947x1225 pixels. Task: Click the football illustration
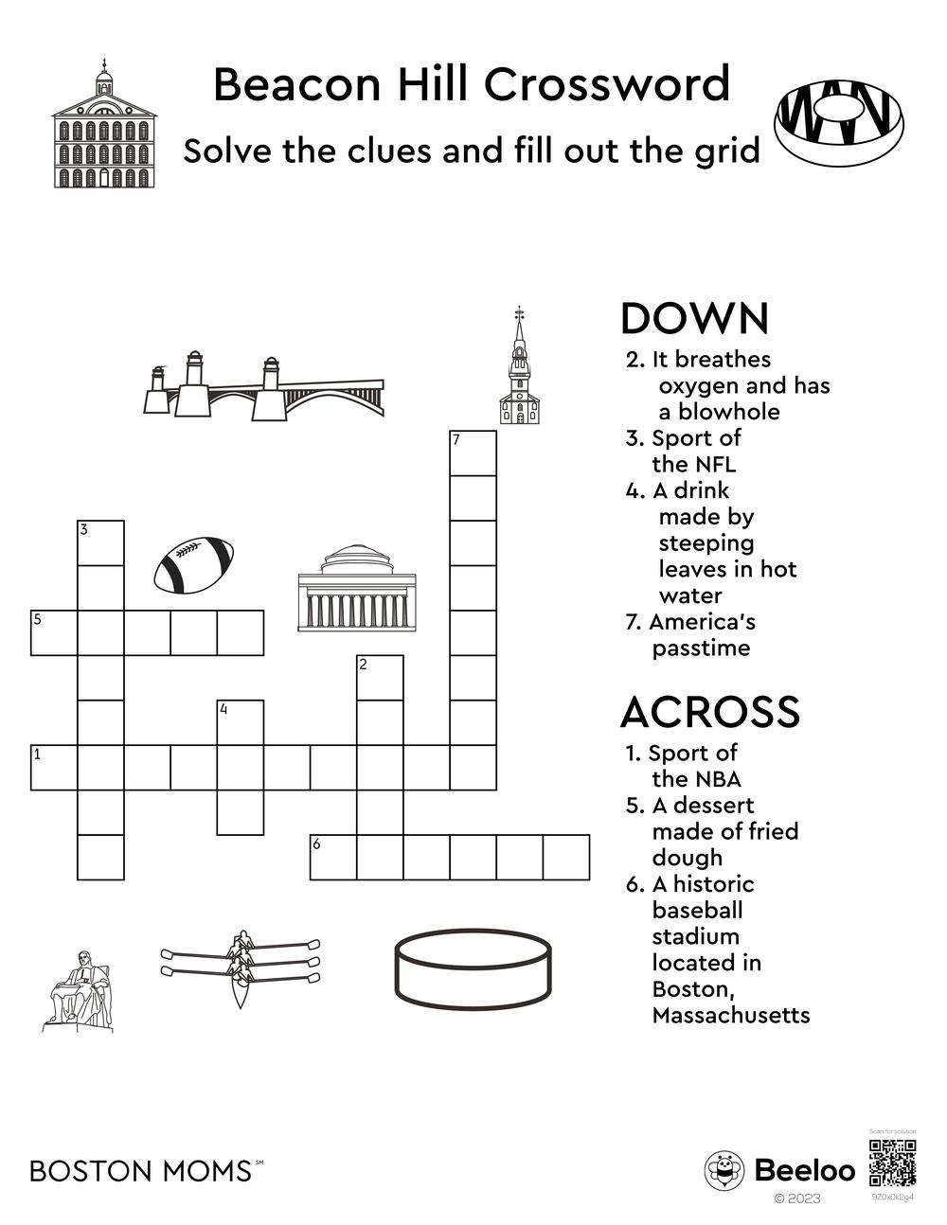(194, 565)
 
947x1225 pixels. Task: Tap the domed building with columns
(356, 588)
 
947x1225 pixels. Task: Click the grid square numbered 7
(473, 453)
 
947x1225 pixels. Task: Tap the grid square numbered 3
(100, 542)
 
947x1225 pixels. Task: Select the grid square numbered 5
(54, 633)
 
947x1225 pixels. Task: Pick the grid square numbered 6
(333, 858)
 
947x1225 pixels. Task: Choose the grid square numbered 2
(380, 678)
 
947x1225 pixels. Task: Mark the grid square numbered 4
(241, 722)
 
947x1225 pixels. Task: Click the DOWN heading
(694, 319)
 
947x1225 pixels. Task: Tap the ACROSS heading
(709, 712)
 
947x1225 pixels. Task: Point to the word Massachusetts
(731, 1016)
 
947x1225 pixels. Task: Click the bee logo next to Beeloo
(724, 1171)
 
